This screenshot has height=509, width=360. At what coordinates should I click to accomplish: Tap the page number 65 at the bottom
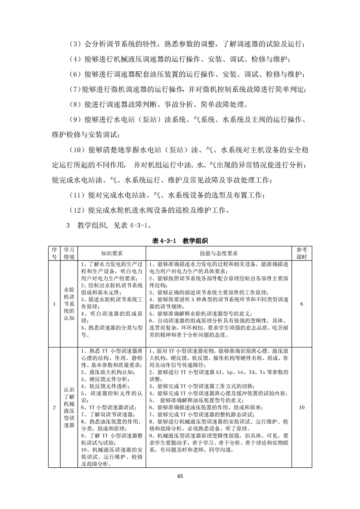pyautogui.click(x=180, y=475)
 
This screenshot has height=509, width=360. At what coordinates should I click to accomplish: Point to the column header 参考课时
pyautogui.click(x=302, y=253)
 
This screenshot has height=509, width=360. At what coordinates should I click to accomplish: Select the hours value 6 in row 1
pyautogui.click(x=302, y=304)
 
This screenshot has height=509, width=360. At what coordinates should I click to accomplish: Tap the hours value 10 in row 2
pyautogui.click(x=302, y=407)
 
